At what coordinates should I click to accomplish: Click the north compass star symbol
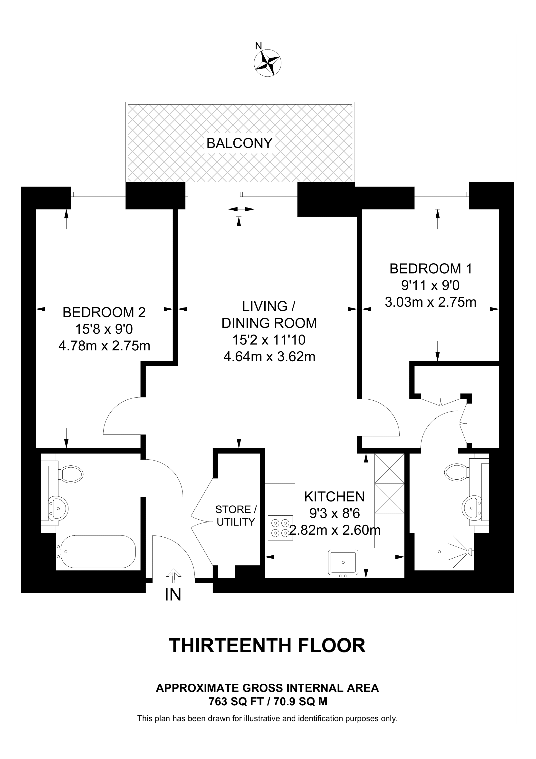pos(268,63)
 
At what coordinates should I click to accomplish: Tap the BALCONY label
pos(239,143)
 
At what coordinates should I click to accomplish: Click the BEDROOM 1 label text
pos(431,268)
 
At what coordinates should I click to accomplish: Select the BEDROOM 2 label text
pos(104,312)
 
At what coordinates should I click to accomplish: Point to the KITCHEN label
pos(334,496)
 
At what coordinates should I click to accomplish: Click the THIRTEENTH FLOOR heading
pos(268,645)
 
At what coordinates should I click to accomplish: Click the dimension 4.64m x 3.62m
pos(269,357)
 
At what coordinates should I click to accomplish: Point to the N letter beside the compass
pos(258,46)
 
